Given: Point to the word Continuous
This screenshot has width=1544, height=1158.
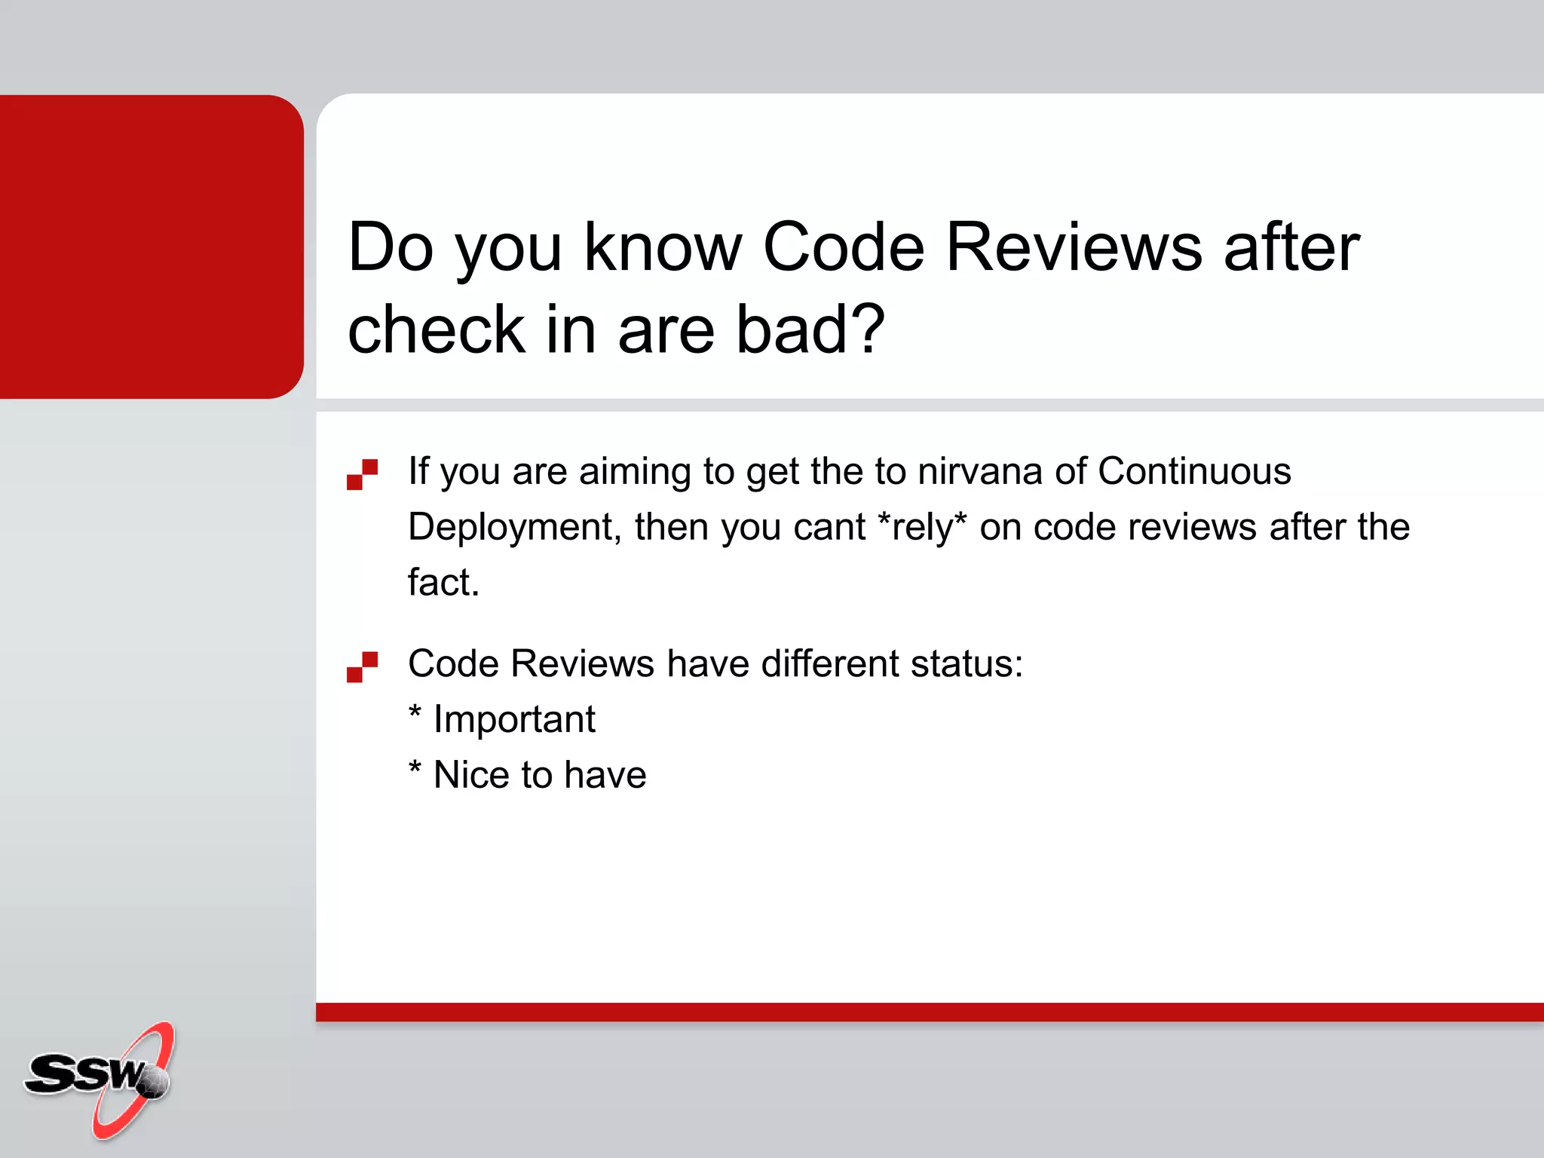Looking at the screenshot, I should (x=1194, y=471).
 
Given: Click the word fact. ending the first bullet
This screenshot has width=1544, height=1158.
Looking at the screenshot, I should (x=443, y=583).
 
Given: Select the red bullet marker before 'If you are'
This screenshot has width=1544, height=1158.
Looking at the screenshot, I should (x=362, y=474).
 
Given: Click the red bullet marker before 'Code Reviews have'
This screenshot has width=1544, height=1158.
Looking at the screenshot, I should (x=362, y=666).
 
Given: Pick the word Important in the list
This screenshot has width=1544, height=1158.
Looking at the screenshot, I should (x=514, y=719).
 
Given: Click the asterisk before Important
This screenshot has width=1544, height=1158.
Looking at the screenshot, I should (x=415, y=712).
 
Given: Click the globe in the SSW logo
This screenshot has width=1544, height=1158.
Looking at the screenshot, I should (x=154, y=1081).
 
